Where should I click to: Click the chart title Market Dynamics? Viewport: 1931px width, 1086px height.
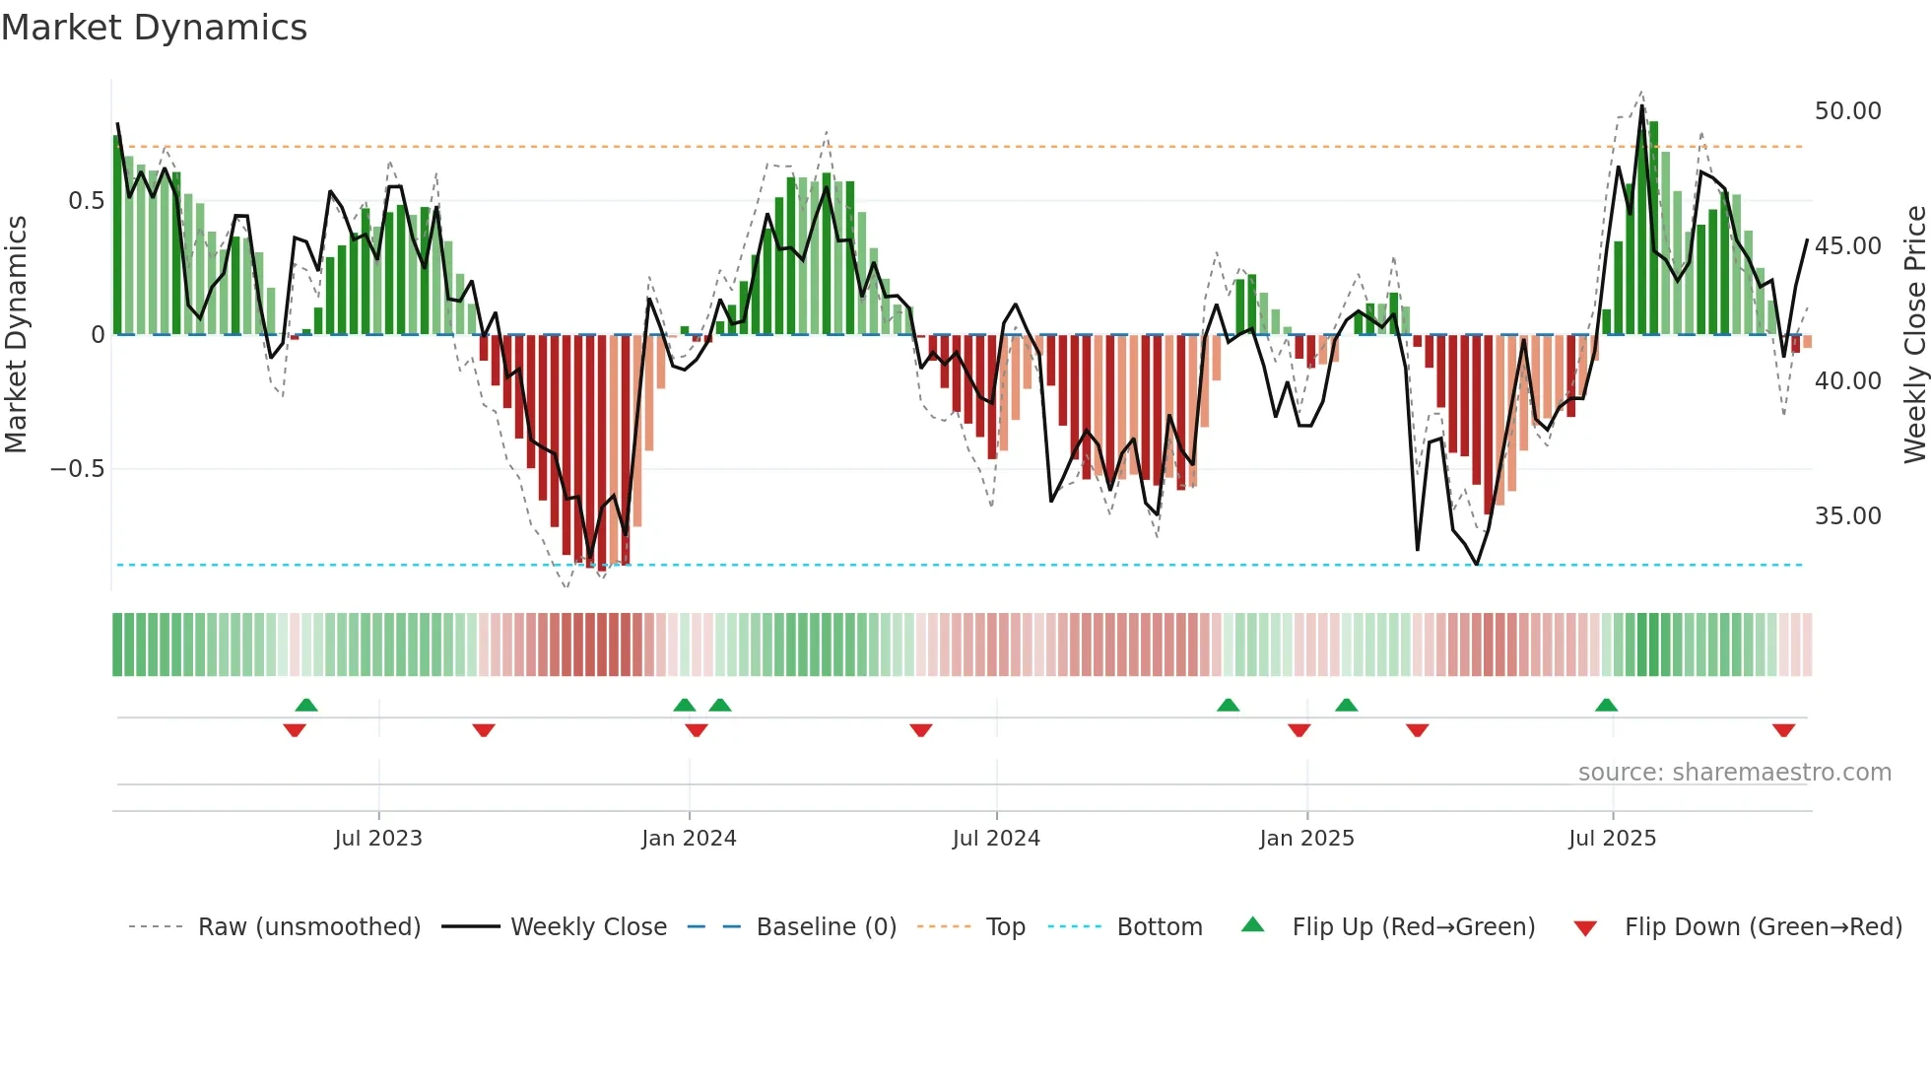(x=154, y=28)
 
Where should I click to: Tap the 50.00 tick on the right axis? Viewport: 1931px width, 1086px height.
(x=1847, y=111)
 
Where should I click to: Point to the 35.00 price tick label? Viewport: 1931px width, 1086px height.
(x=1847, y=516)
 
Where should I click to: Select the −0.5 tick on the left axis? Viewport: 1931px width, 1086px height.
(x=77, y=469)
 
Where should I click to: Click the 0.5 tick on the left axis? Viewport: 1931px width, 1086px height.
(x=86, y=201)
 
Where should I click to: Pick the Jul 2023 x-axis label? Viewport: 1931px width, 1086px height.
(x=378, y=839)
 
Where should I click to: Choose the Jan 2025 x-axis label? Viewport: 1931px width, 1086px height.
(x=1306, y=839)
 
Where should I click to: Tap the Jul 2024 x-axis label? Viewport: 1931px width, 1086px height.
(x=996, y=839)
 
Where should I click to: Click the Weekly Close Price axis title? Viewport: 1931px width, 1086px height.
(x=1914, y=335)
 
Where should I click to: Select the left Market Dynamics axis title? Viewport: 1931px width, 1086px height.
(x=16, y=335)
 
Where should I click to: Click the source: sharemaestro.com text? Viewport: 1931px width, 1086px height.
(x=1734, y=773)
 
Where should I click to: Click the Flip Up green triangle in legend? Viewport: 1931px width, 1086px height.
(x=1252, y=924)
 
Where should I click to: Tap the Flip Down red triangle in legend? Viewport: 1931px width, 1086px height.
(x=1585, y=928)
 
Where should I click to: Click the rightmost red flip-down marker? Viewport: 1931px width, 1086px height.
(x=1783, y=730)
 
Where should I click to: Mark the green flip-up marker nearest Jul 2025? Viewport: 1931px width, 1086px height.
(x=1606, y=705)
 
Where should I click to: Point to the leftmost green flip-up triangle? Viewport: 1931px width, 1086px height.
(x=306, y=705)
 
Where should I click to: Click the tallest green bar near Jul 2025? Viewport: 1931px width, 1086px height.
(x=1654, y=227)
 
